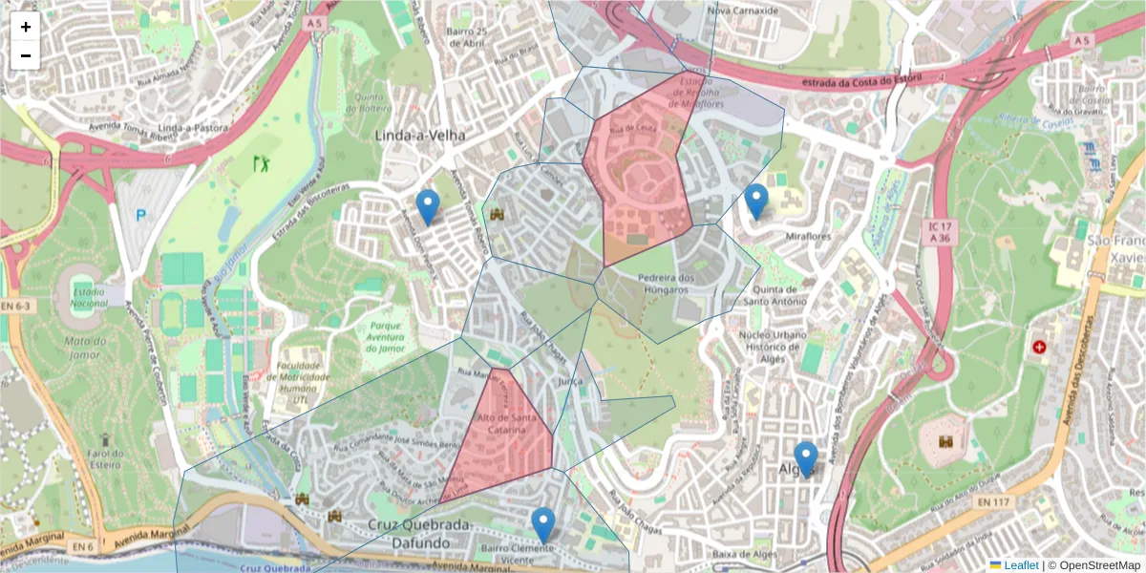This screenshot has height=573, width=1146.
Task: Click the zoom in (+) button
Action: point(26,27)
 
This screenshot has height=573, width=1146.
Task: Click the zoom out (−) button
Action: point(26,55)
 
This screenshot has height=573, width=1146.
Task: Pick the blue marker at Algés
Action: point(806,458)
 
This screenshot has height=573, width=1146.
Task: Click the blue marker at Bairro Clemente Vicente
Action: point(543,524)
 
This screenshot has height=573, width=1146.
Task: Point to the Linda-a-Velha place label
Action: point(420,136)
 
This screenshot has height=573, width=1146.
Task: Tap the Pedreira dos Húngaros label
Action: point(649,283)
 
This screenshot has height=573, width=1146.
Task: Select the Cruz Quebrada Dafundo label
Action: point(419,533)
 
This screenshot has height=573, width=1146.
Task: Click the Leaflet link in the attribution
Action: point(1020,565)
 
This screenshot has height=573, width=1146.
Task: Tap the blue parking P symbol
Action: point(142,216)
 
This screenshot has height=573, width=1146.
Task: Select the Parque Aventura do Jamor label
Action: point(386,336)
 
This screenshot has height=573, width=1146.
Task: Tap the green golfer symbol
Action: point(262,163)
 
